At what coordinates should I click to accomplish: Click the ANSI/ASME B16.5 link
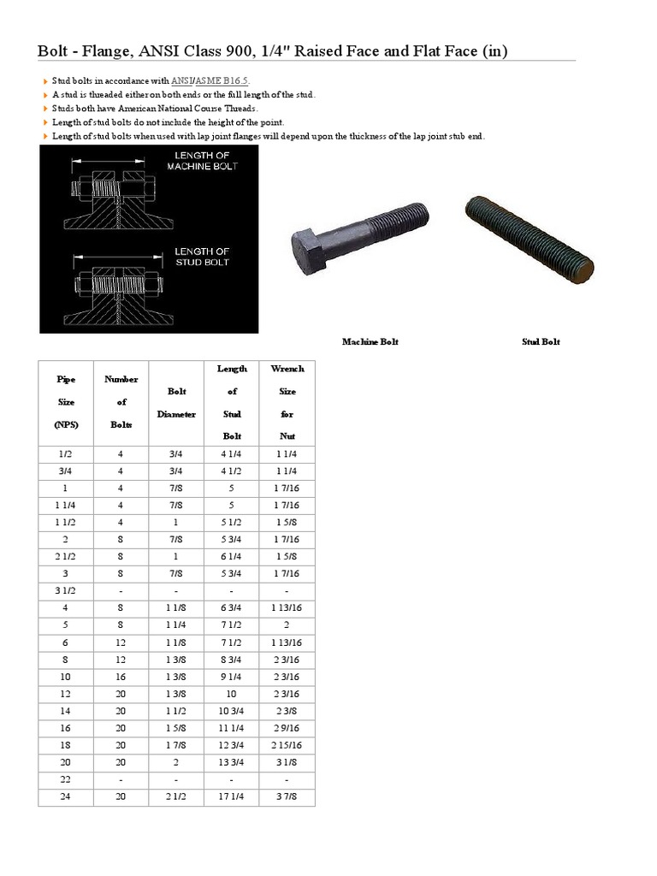click(211, 80)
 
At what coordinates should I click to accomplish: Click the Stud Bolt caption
click(541, 342)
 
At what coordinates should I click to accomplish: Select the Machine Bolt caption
click(370, 342)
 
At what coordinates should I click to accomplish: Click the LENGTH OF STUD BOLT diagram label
click(202, 257)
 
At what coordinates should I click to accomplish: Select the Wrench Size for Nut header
click(287, 402)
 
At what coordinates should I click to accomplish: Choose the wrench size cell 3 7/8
click(287, 796)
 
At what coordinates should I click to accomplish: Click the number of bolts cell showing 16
click(121, 676)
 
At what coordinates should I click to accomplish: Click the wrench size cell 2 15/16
click(287, 745)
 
